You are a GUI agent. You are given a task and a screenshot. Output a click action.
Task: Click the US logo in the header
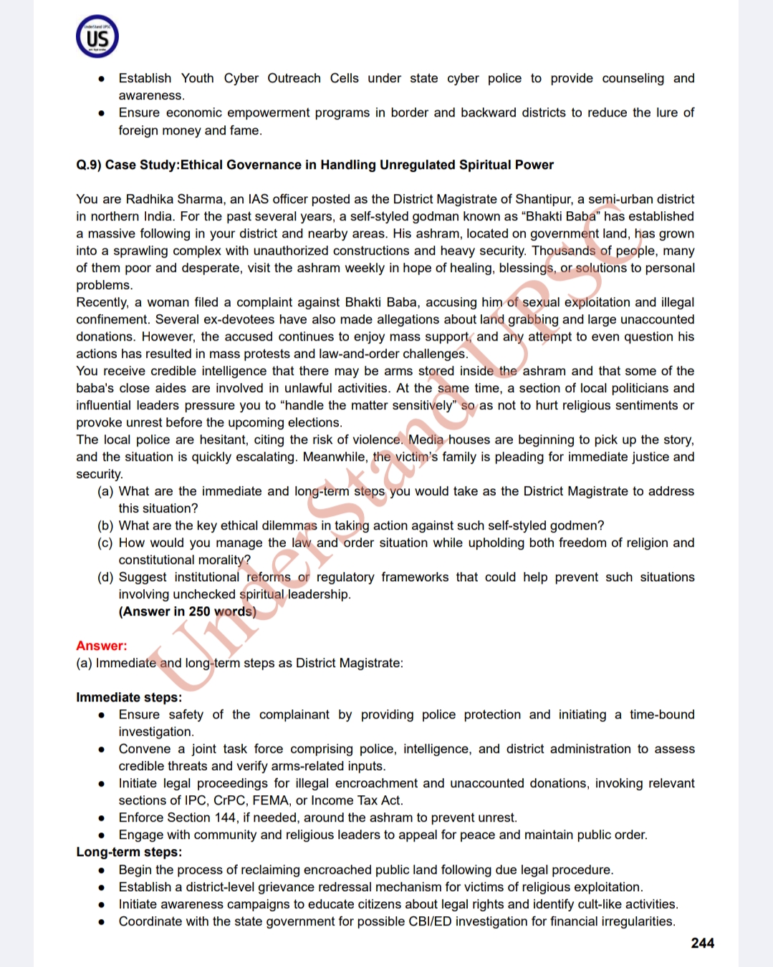click(x=97, y=37)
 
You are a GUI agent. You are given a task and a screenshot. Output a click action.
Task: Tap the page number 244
click(x=702, y=943)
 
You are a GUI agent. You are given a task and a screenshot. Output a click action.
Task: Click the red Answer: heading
click(x=102, y=646)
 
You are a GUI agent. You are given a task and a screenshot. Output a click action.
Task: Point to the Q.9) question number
click(x=89, y=165)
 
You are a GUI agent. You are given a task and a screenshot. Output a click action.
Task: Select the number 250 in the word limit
click(x=199, y=611)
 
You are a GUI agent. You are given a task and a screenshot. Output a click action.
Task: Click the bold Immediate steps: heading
click(x=129, y=697)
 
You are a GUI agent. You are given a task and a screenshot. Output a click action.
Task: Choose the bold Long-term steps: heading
click(x=129, y=852)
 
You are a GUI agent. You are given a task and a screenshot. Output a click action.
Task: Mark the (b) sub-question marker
click(x=105, y=525)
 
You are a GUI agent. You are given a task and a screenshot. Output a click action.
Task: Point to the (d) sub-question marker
click(x=105, y=577)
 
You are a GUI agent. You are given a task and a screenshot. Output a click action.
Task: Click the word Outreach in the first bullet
click(x=294, y=78)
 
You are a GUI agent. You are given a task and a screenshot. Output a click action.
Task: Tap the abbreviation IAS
click(x=258, y=199)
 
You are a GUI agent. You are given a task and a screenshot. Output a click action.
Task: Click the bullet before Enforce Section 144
click(x=102, y=818)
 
